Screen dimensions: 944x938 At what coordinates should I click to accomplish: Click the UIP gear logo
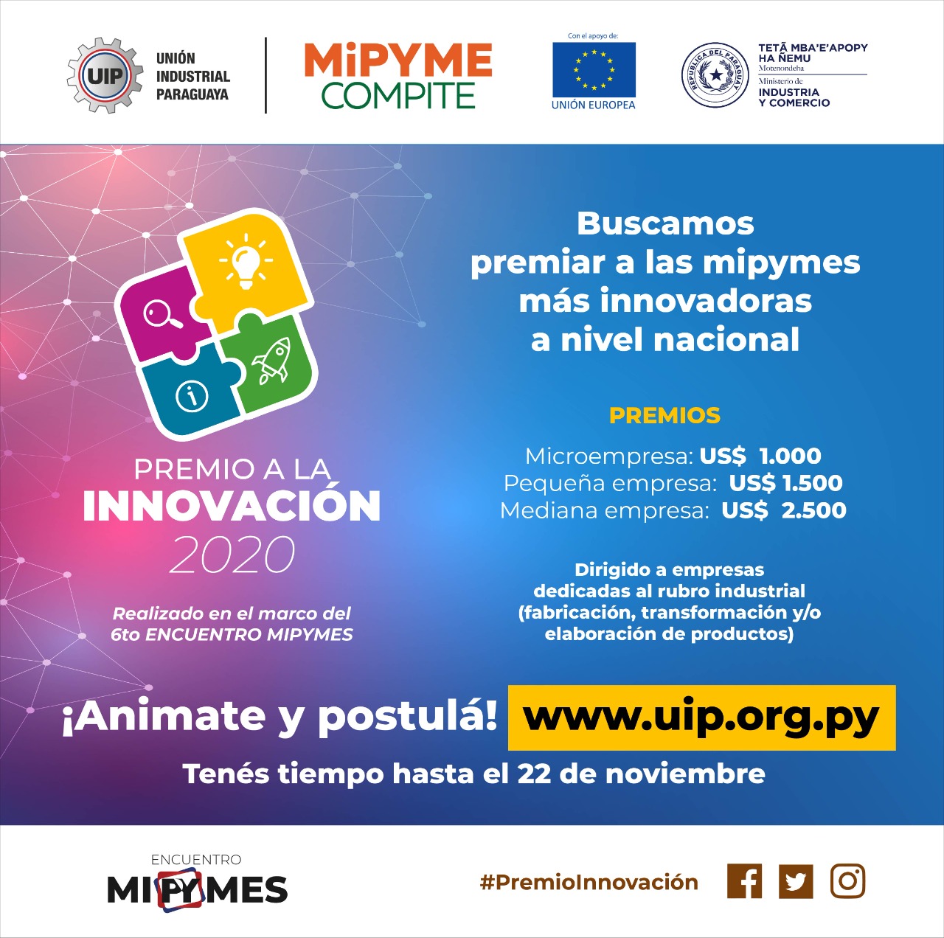(x=104, y=75)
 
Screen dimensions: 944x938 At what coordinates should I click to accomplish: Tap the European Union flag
(x=594, y=69)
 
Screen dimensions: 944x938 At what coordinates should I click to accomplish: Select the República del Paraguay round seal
(x=715, y=75)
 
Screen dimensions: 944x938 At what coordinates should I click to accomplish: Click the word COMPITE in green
(x=398, y=95)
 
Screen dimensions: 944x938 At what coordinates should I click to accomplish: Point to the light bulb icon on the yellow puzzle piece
(x=246, y=261)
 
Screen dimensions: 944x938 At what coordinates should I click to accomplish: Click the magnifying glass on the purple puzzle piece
(x=163, y=313)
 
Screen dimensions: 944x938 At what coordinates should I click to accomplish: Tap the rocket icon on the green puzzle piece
(x=271, y=361)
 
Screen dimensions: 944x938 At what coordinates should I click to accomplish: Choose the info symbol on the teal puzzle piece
(x=192, y=396)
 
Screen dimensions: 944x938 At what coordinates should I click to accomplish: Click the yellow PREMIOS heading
(x=664, y=416)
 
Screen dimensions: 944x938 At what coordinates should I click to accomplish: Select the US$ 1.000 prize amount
(x=760, y=456)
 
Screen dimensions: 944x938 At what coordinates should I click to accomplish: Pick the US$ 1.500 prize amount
(x=785, y=483)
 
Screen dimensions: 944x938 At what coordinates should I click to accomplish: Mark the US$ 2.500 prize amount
(x=784, y=510)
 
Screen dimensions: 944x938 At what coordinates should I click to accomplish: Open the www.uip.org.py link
(x=701, y=718)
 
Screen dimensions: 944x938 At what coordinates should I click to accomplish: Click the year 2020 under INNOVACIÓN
(x=232, y=555)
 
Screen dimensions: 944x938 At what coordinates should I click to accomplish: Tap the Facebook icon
(x=745, y=880)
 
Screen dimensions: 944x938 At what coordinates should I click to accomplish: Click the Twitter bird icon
(x=796, y=881)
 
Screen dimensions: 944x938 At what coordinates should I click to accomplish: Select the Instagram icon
(x=848, y=880)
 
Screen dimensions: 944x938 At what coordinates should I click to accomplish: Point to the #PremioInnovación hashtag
(x=589, y=882)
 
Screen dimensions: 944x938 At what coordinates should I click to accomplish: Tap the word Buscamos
(x=666, y=224)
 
